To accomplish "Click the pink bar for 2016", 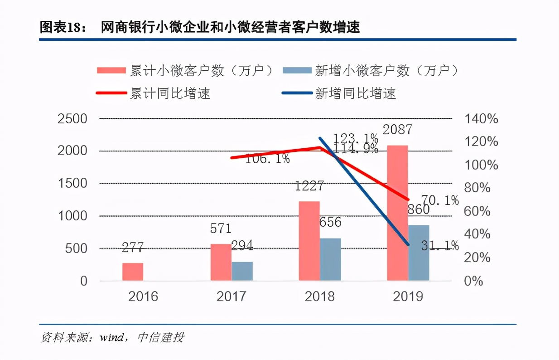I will point(133,272).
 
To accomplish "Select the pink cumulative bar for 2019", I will point(397,213).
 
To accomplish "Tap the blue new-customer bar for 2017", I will point(242,271).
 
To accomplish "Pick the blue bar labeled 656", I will point(330,259).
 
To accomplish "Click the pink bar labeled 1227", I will point(309,241).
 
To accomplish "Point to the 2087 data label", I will point(397,130).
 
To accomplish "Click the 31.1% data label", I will point(439,246).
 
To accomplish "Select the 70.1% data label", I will point(439,200).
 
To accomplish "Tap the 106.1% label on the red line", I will point(267,159).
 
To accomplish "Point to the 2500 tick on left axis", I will point(72,119).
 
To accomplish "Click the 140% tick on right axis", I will point(481,119).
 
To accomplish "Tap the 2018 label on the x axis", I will point(319,297).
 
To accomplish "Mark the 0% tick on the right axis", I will point(474,281).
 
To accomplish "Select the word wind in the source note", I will point(109,338).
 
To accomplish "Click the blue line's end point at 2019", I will point(408,245).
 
